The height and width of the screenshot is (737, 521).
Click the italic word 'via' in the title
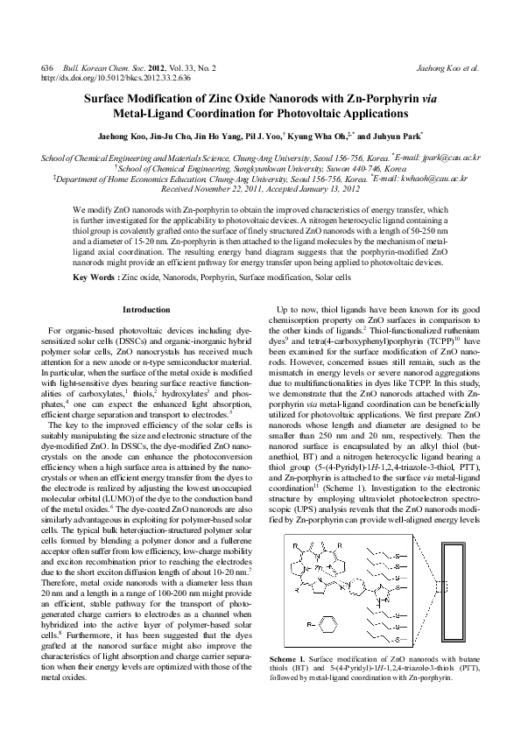coord(419,100)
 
